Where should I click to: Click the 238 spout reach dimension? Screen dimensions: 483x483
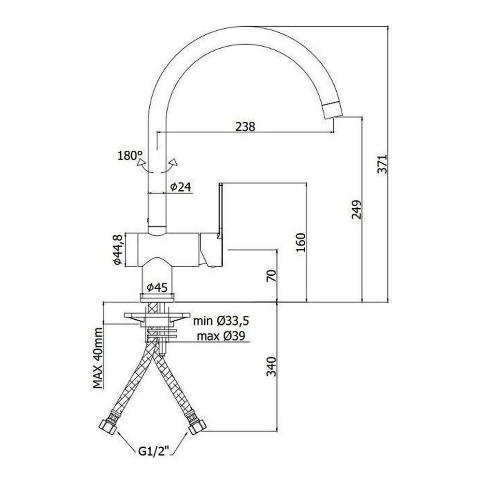coord(245,126)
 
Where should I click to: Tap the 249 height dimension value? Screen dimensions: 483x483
coord(356,210)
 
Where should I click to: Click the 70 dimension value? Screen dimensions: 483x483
coord(271,275)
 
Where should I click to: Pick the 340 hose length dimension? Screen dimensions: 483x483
coord(271,367)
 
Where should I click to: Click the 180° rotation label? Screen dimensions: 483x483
coord(130,156)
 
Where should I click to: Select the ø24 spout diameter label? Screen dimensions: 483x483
coord(181,186)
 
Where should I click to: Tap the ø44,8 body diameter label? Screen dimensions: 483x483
coord(118,250)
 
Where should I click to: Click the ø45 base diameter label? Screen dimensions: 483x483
coord(157,288)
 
